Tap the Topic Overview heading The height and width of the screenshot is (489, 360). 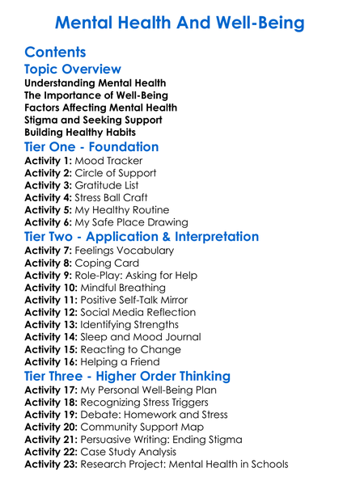73,70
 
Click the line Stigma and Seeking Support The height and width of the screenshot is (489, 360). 93,120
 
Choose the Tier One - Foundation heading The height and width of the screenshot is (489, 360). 91,147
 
